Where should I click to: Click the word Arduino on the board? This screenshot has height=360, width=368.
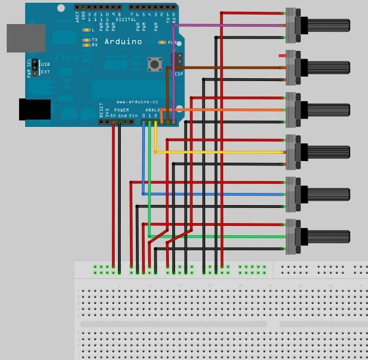coord(123,41)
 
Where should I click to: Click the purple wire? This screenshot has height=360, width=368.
coord(235,25)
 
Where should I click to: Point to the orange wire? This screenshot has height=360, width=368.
coord(235,110)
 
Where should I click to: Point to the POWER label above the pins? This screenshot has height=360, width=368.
coord(121,110)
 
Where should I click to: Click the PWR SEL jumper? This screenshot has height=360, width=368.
coord(35,68)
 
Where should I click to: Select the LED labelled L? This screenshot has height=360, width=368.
coord(86,30)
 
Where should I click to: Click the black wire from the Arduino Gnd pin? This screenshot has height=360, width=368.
coord(120,196)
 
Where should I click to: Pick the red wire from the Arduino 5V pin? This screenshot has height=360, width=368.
coord(114,196)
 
